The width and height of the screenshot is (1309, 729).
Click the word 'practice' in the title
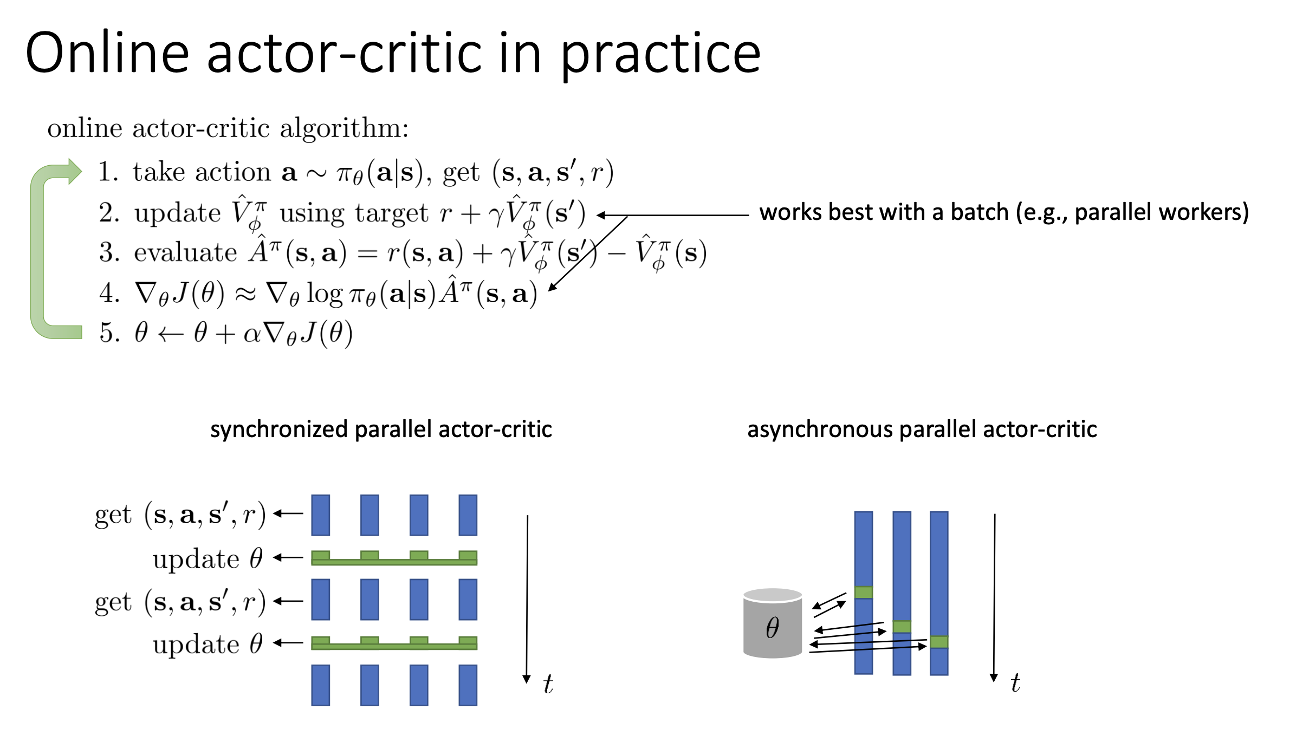tap(660, 54)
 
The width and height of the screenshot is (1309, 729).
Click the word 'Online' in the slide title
tap(107, 53)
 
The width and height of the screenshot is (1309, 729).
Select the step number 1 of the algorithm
tap(107, 172)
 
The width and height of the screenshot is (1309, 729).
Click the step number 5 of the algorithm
tap(108, 332)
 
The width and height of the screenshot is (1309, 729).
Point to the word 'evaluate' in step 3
tap(185, 253)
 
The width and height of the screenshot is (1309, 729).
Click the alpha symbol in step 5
tap(252, 334)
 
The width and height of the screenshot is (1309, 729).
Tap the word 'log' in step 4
tap(325, 294)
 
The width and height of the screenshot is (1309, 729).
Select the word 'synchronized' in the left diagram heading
tap(279, 430)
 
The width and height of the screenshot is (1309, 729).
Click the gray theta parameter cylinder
tap(773, 623)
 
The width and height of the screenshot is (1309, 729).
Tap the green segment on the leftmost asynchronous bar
tap(864, 592)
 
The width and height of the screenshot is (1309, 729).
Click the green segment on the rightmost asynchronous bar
tap(939, 642)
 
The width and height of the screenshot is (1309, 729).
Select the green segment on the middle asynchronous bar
tap(902, 627)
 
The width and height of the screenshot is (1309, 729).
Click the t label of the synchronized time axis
tap(548, 684)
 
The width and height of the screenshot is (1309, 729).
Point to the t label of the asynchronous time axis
tap(1015, 682)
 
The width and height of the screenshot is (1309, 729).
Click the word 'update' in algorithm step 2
tap(178, 213)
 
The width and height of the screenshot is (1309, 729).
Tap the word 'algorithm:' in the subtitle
tap(344, 129)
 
